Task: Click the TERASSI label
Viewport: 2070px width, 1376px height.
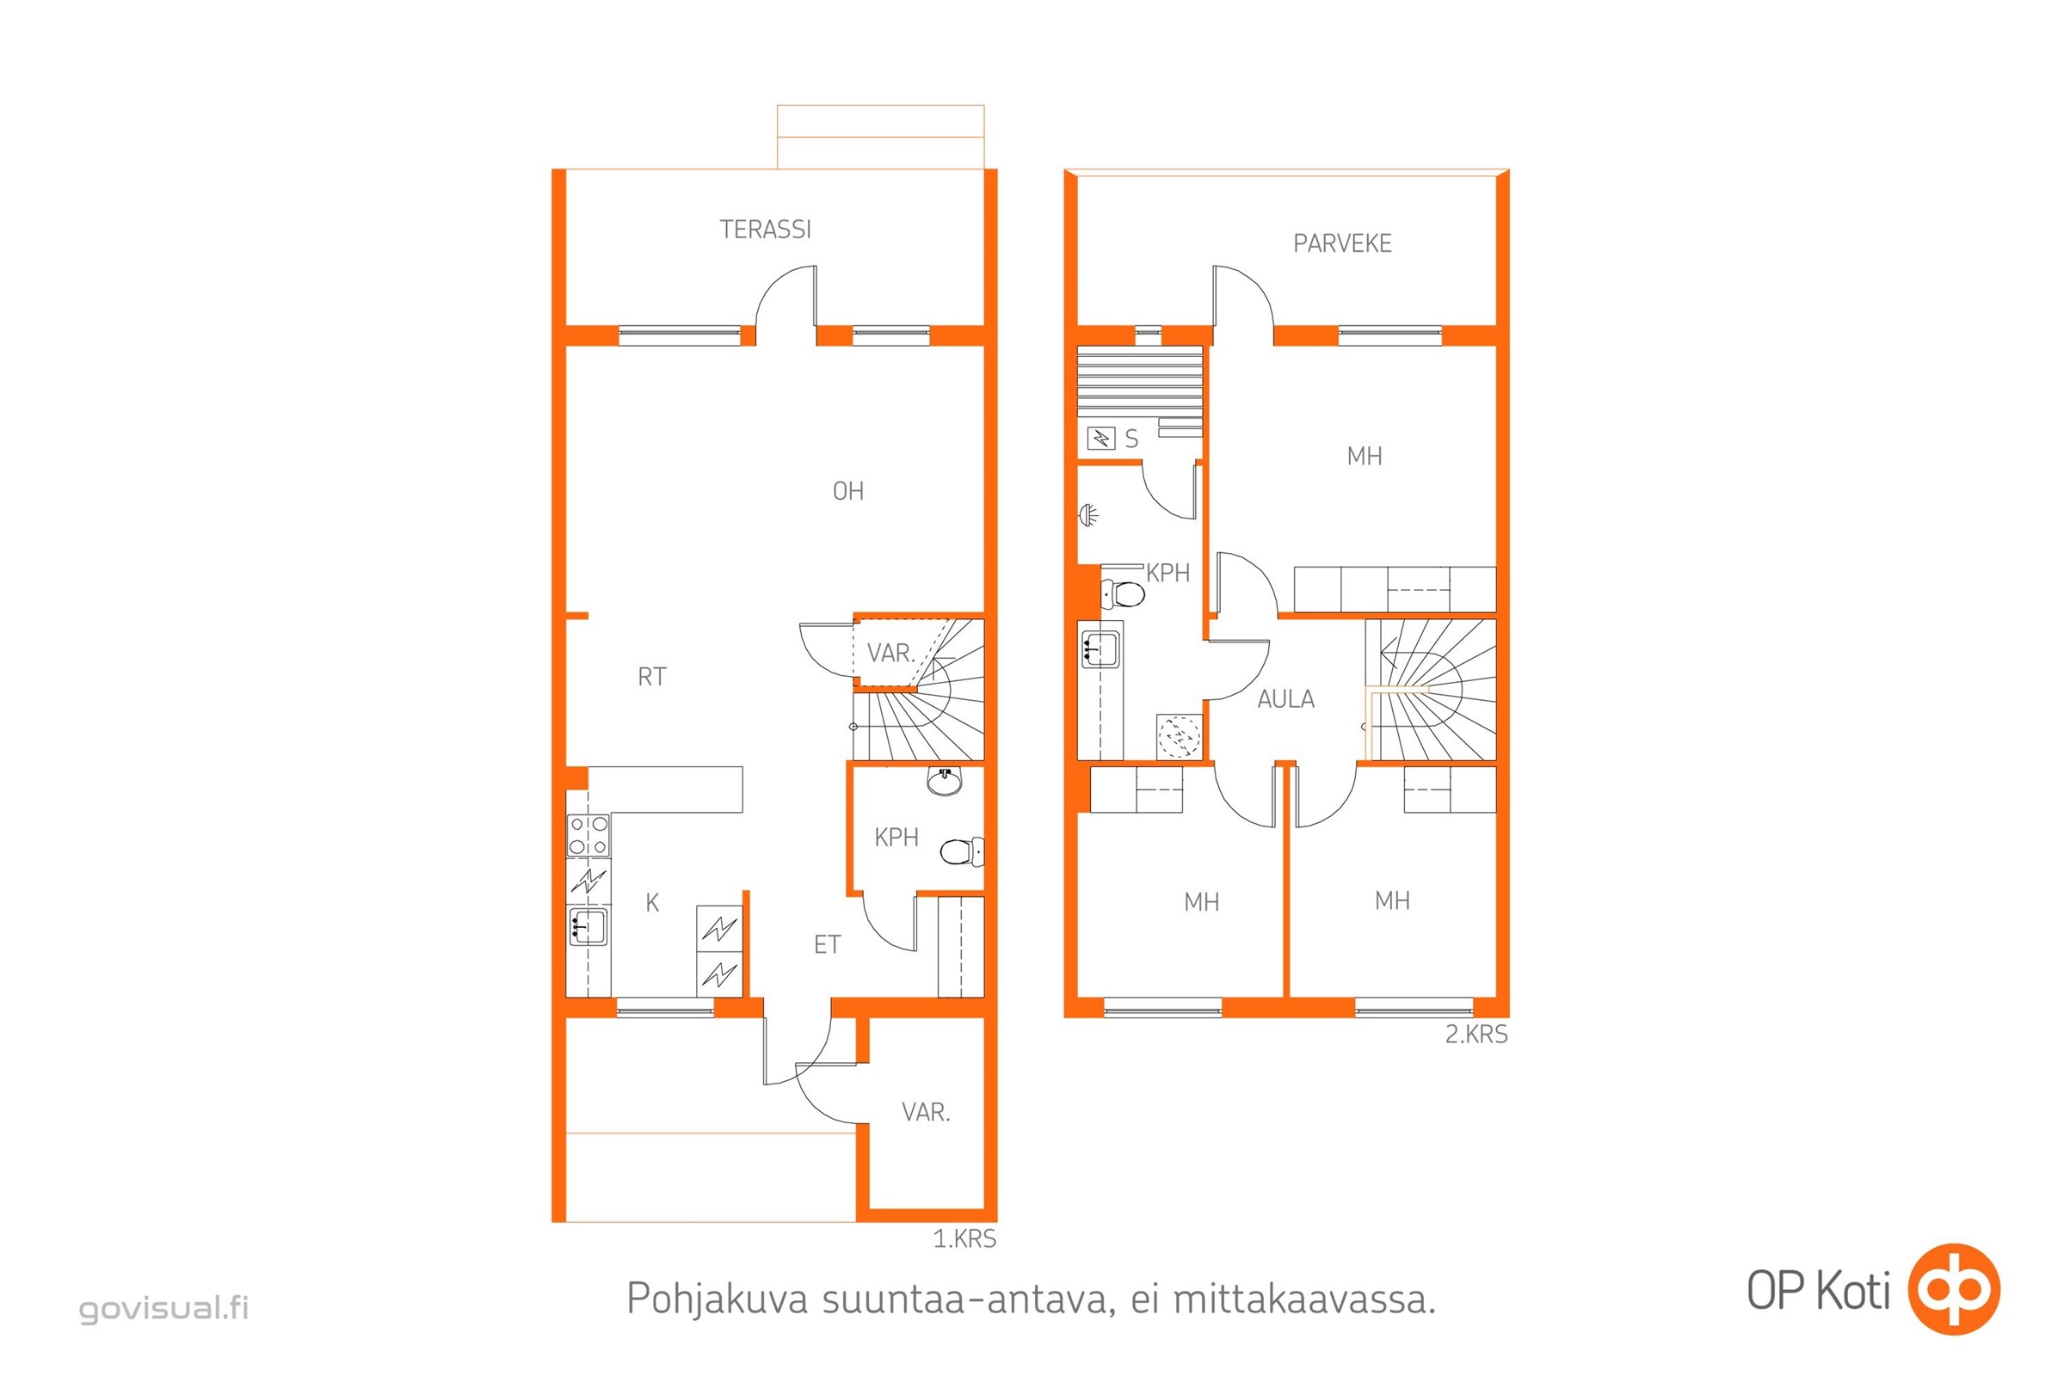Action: coord(765,230)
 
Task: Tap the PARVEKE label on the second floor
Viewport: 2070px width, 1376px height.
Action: coord(1341,244)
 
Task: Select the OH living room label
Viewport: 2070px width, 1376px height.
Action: coord(847,491)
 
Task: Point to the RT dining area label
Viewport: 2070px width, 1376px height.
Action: coord(651,677)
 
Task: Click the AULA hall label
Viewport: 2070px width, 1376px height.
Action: coord(1285,699)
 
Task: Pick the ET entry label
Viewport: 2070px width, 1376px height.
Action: coord(827,945)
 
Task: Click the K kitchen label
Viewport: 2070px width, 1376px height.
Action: coord(651,903)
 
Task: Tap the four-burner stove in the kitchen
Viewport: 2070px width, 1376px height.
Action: coord(588,835)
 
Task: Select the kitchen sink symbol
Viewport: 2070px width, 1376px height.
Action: coord(588,928)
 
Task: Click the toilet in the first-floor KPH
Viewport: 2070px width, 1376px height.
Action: coord(960,851)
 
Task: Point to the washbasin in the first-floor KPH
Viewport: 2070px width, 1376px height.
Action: coord(945,781)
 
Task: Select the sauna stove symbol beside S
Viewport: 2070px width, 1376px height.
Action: coord(1100,437)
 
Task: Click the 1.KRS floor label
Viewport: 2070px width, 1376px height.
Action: coord(964,1239)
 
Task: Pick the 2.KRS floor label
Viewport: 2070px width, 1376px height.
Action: coord(1475,1035)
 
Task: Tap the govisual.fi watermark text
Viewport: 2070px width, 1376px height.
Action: coord(164,1308)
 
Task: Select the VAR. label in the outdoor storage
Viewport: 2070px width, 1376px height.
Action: coord(925,1113)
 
